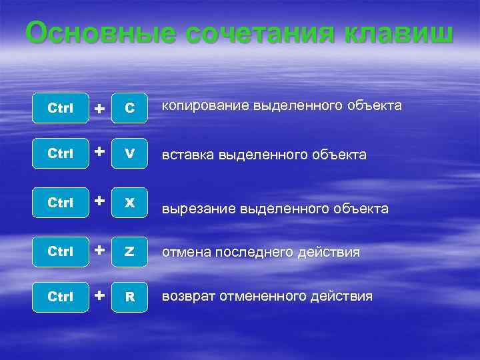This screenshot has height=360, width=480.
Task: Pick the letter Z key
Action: (x=130, y=252)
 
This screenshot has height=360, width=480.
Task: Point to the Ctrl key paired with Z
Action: (x=61, y=252)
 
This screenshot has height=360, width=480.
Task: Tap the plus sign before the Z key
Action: (x=99, y=250)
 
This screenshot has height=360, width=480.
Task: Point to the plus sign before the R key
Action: (x=99, y=294)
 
